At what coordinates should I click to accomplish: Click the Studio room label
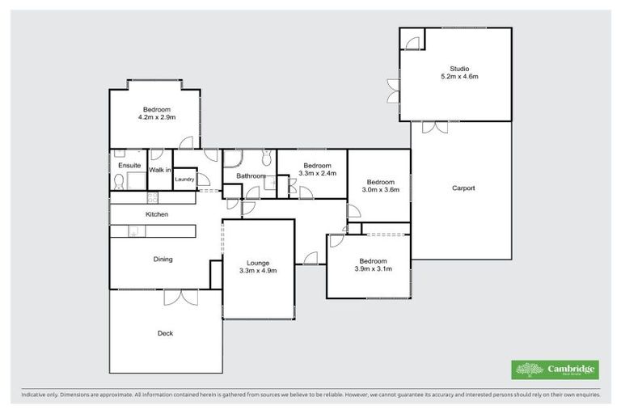tap(459, 69)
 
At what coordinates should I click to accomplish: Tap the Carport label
tap(463, 188)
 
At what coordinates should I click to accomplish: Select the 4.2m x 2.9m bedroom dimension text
tap(156, 117)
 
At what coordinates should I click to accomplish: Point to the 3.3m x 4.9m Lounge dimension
tap(258, 271)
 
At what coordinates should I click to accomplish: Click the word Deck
tap(165, 333)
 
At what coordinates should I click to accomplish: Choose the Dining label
tap(163, 260)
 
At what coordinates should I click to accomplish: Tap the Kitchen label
tap(156, 214)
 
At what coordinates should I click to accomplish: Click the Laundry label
tap(184, 180)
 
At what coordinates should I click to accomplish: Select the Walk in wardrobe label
tap(159, 170)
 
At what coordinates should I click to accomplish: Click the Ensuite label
tap(129, 166)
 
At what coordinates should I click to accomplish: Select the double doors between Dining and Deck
tap(180, 297)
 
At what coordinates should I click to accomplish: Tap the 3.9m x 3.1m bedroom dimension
tap(373, 269)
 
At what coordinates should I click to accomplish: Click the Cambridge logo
tap(555, 370)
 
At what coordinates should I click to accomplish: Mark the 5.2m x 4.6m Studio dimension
tap(459, 77)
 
